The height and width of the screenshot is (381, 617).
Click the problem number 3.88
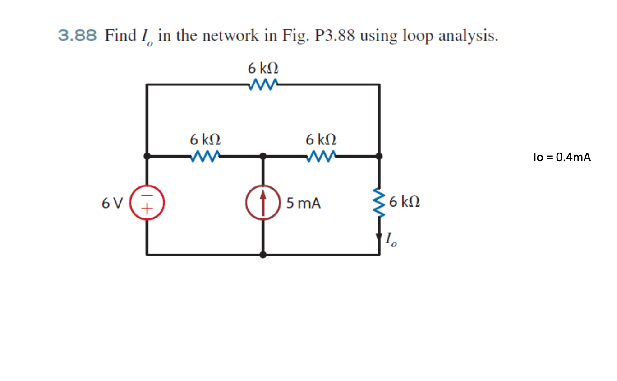[77, 35]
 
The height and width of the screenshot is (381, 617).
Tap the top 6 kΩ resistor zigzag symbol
[263, 84]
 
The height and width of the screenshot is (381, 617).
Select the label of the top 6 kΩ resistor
[263, 69]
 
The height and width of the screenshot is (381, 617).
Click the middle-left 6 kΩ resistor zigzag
[206, 156]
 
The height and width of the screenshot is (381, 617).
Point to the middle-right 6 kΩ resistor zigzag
[321, 156]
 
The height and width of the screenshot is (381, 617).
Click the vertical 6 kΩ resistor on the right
[379, 202]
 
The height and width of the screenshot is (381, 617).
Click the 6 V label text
[112, 204]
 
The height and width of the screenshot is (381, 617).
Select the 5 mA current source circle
[263, 202]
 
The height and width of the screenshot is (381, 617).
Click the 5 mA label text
[304, 204]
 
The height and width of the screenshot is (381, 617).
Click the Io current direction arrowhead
[379, 237]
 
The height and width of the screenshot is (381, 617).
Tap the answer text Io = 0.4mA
[562, 157]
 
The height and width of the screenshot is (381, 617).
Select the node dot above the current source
[263, 156]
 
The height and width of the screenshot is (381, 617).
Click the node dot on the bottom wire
[263, 255]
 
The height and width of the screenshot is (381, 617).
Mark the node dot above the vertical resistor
[379, 156]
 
